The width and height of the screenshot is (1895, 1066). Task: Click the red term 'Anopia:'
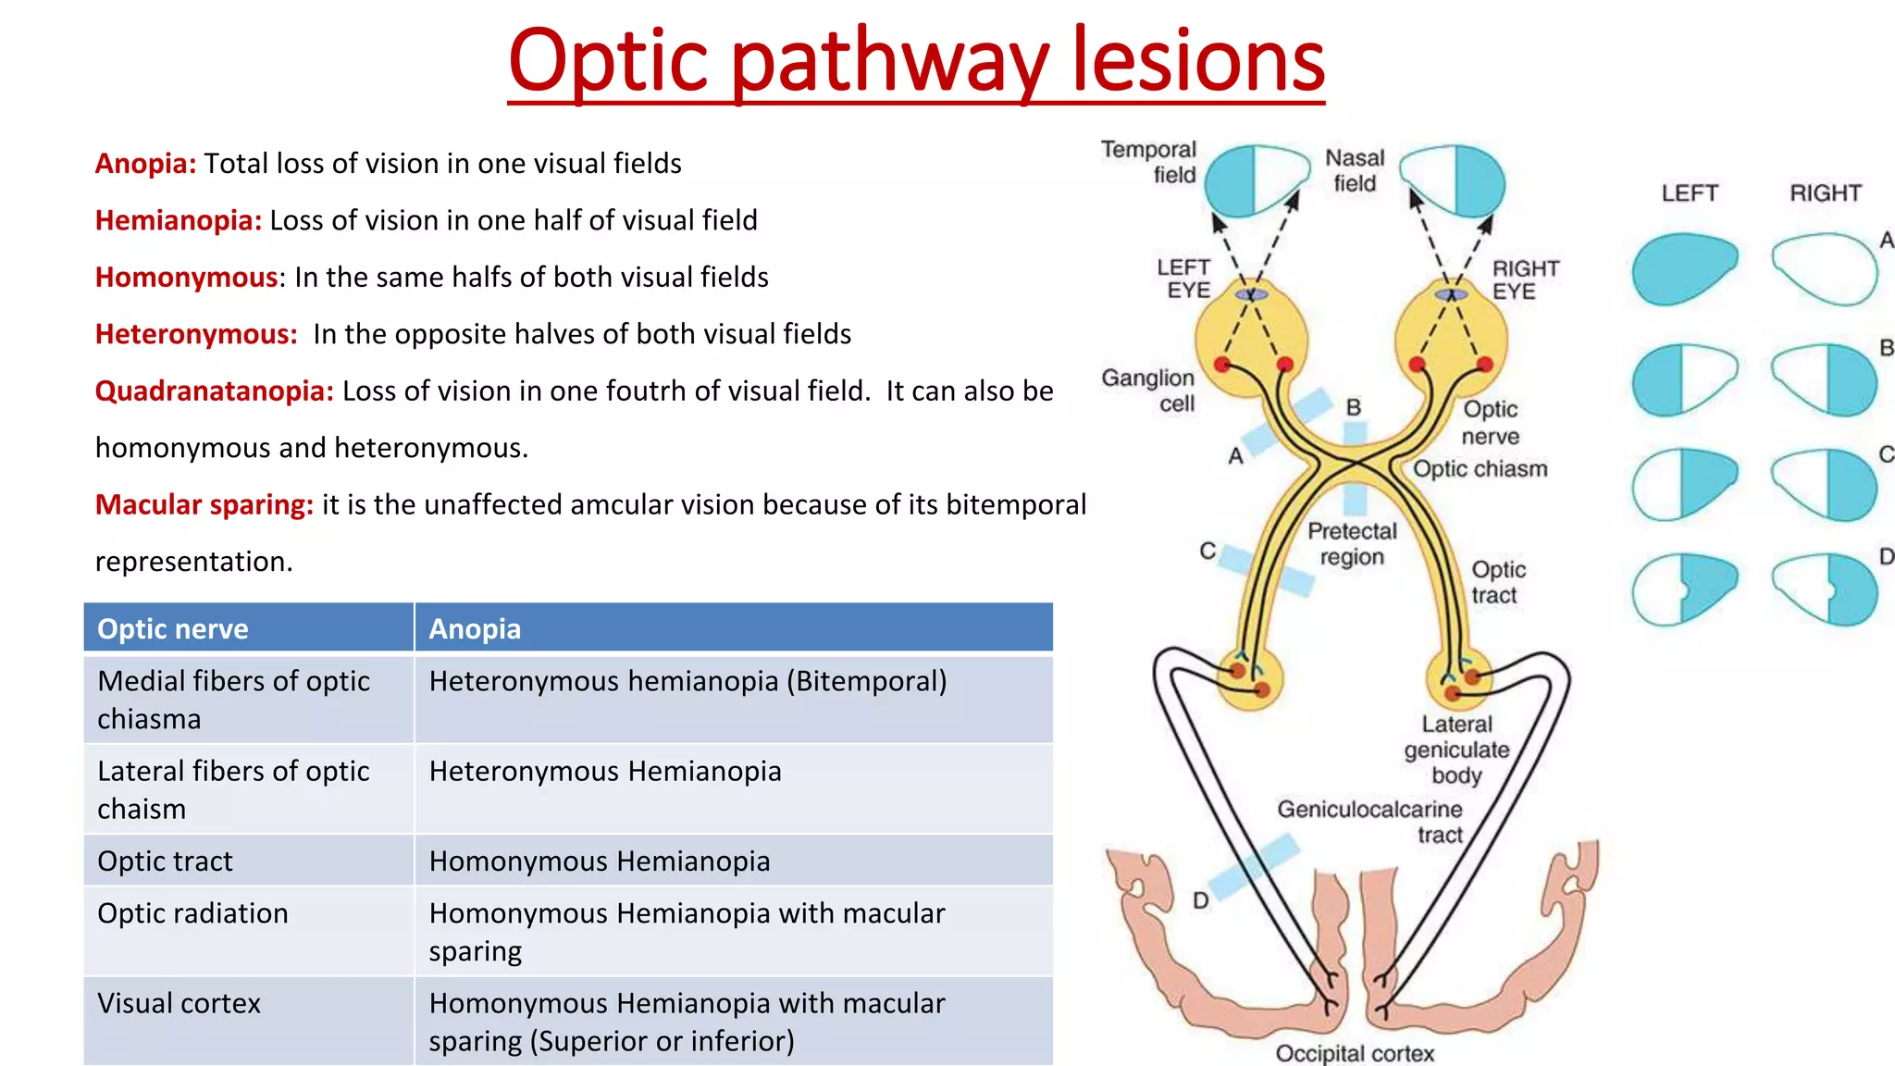[x=145, y=164]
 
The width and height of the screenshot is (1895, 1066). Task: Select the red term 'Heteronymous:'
[x=196, y=334]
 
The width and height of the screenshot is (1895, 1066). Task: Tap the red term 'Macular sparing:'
[x=204, y=505]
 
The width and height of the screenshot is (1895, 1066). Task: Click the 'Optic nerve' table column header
[x=173, y=629]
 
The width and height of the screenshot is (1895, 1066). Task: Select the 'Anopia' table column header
[x=475, y=629]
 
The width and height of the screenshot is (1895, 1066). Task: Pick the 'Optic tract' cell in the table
[x=165, y=861]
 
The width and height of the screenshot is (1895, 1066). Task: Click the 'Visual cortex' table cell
[x=179, y=1004]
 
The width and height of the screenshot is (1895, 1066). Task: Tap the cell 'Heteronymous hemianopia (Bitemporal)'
[x=687, y=682]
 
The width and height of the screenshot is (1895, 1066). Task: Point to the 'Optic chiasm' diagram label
[x=1480, y=469]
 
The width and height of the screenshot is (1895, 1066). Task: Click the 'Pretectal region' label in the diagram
[x=1352, y=544]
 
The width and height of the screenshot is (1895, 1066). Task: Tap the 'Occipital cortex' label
[x=1355, y=1053]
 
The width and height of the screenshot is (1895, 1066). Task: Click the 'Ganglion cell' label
[x=1149, y=390]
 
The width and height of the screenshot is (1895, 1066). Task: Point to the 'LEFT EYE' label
[x=1183, y=279]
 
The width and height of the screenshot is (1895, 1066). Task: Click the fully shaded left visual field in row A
[x=1684, y=268]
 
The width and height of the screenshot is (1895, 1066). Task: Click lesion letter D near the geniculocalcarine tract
[x=1200, y=900]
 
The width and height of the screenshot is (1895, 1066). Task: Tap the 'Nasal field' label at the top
[x=1355, y=171]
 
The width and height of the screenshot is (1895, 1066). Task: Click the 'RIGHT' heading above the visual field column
[x=1825, y=193]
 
